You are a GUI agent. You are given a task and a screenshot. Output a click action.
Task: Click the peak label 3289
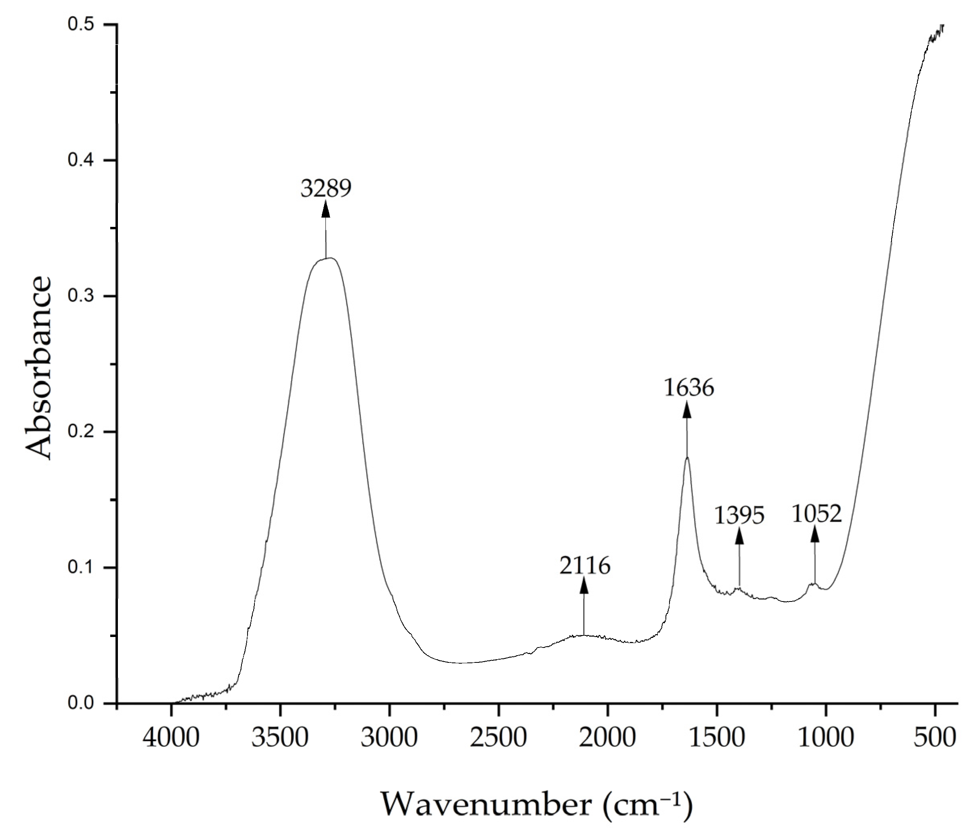[x=326, y=189]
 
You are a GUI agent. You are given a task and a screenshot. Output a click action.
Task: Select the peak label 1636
[x=688, y=388]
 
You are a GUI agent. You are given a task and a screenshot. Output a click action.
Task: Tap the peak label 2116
[x=585, y=566]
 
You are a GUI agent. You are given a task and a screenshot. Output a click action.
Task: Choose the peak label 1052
[x=816, y=513]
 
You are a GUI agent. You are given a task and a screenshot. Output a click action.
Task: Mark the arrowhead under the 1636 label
[x=687, y=409]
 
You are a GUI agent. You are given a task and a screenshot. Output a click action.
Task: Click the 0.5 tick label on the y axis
[x=80, y=25]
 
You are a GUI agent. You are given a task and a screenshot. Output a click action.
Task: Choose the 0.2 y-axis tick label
[x=80, y=432]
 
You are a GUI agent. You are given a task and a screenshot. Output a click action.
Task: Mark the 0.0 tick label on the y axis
[x=80, y=703]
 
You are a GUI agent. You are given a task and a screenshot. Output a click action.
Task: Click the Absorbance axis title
[x=38, y=367]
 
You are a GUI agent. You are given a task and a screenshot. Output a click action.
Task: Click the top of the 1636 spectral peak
[x=687, y=457]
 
